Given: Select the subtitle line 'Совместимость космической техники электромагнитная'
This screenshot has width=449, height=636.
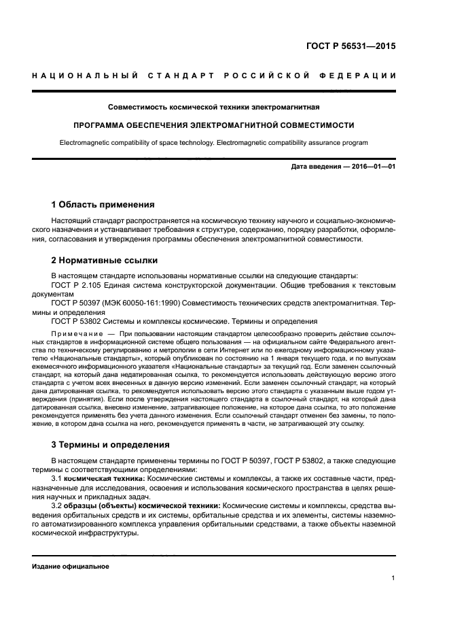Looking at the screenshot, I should click(214, 107).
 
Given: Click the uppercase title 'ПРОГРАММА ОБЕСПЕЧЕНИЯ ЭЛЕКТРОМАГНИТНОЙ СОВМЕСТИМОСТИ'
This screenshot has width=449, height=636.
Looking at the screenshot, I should click(214, 126).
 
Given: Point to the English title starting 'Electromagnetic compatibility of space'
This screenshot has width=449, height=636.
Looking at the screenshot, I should click(214, 143).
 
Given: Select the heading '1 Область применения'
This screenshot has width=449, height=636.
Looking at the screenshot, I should click(103, 204).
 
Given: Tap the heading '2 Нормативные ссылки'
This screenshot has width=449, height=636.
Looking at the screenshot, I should click(105, 260).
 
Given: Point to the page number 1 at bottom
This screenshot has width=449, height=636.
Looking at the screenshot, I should click(393, 578).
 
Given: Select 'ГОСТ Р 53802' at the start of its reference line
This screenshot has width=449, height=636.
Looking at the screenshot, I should click(74, 320).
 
